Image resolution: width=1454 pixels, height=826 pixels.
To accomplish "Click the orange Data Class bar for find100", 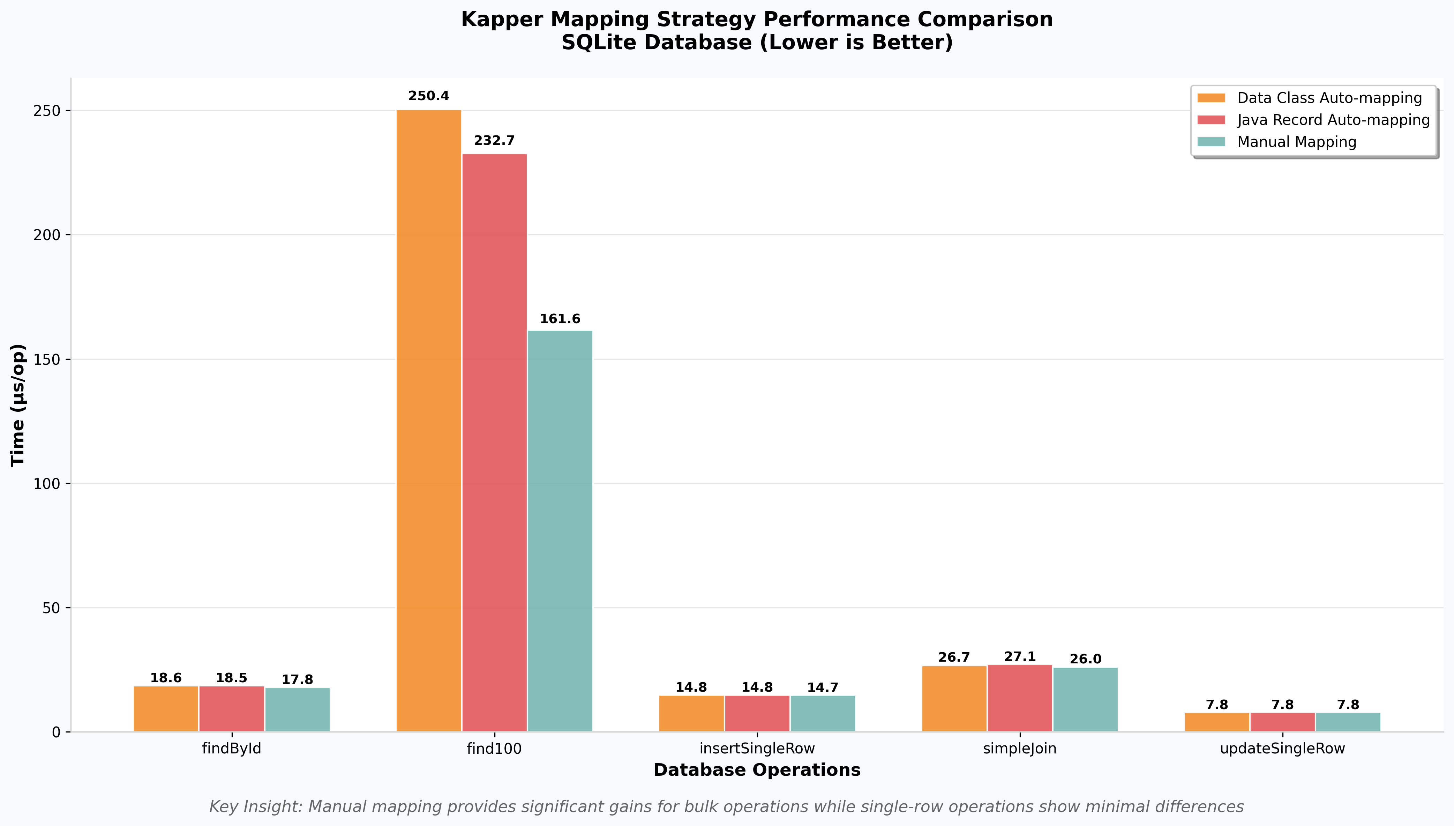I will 429,420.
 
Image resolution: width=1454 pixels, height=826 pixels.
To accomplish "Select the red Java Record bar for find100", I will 495,442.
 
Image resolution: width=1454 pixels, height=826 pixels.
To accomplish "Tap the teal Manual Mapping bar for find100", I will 560,530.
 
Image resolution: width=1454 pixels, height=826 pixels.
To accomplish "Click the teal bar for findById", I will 297,710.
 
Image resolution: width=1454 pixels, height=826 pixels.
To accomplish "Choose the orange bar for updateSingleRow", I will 1217,722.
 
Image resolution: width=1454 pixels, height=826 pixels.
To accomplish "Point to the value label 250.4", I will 429,96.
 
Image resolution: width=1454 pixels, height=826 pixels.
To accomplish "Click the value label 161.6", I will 560,319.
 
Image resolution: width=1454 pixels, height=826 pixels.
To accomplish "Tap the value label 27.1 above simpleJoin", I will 1020,656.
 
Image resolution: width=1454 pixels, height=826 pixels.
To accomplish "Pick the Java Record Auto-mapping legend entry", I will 1333,120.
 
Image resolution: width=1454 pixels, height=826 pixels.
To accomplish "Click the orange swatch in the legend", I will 1211,98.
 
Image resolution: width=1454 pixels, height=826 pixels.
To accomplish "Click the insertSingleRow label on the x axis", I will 757,748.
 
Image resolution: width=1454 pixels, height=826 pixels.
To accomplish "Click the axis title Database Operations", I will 757,770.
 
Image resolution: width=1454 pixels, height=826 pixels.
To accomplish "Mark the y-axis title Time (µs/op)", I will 18,405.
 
